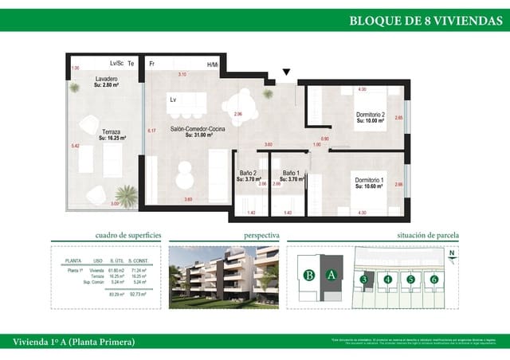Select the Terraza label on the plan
[x=112, y=134]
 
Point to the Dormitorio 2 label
[x=370, y=117]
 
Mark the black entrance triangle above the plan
[x=287, y=72]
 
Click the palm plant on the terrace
[x=125, y=194]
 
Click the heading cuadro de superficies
[x=128, y=236]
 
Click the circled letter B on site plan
[x=308, y=276]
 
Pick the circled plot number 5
[x=410, y=279]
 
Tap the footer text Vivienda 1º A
[x=73, y=342]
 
